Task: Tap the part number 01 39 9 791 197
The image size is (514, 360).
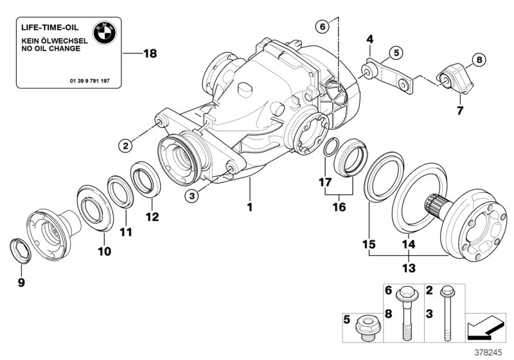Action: coord(97,82)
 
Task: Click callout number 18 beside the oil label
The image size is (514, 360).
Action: coord(149,54)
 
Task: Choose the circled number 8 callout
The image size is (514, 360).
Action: coord(477,61)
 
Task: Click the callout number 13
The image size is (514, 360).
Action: coord(409,267)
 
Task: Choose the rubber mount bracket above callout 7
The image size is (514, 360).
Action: coord(455,77)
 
